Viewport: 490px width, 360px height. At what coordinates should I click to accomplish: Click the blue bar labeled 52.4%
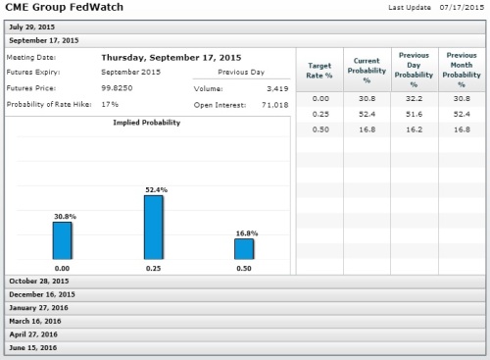coord(154,228)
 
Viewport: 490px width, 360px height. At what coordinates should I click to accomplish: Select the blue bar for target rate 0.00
coord(62,240)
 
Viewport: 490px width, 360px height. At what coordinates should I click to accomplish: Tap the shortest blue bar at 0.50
coord(244,249)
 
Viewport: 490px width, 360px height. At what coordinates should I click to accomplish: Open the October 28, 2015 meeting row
coord(245,282)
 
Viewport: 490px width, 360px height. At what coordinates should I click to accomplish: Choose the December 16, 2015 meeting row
coord(245,294)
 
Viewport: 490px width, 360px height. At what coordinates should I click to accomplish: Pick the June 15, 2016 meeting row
coord(245,348)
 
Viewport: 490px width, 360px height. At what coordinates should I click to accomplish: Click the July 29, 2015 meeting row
coord(245,27)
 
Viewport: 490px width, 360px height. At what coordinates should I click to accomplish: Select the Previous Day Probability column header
coord(414,70)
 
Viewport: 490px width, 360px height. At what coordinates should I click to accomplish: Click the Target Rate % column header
coord(319,71)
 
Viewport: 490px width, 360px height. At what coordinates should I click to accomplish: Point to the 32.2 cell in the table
coord(414,99)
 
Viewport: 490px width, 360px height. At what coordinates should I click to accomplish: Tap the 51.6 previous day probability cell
coord(414,114)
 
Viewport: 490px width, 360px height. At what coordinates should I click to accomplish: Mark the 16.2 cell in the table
coord(414,129)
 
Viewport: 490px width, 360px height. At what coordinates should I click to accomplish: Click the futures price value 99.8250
coord(117,88)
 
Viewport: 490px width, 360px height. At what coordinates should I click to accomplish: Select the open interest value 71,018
coord(275,105)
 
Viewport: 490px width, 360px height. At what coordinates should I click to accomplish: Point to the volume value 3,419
coord(277,88)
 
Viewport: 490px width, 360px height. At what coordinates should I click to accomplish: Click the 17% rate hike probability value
coord(110,104)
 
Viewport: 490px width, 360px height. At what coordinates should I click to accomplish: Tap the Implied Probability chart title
coord(147,123)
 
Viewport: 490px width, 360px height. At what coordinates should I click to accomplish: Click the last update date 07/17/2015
coord(462,7)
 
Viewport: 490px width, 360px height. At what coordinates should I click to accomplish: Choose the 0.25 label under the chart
coord(153,269)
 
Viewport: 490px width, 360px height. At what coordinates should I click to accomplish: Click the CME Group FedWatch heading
coord(65,7)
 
